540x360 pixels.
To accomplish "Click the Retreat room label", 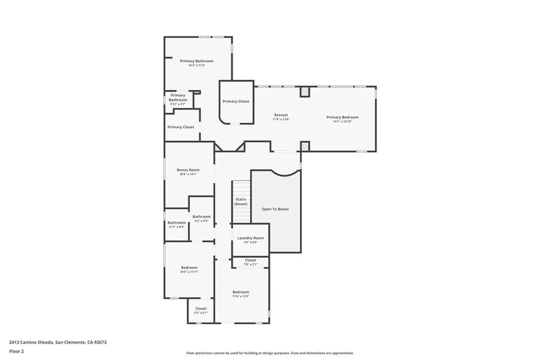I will [x=281, y=115].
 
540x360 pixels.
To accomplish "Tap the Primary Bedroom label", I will [x=342, y=117].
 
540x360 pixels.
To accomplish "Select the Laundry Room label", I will [x=250, y=238].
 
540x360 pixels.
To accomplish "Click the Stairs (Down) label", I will [x=241, y=201].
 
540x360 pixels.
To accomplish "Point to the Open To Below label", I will [x=275, y=209].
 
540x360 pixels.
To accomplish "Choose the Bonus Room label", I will [x=188, y=170].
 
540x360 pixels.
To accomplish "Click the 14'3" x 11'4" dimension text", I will [x=196, y=65].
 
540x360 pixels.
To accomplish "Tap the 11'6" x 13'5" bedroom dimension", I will [x=240, y=296].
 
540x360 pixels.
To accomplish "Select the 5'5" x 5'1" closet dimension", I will [x=201, y=313].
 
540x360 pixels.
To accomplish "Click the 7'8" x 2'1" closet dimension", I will [x=250, y=265].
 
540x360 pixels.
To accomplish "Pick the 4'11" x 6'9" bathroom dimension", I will [x=177, y=227].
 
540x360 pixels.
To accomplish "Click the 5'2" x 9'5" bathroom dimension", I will [x=201, y=221].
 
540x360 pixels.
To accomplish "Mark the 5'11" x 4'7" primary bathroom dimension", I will [x=177, y=104].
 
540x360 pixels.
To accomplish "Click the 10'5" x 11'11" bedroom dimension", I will [x=189, y=272].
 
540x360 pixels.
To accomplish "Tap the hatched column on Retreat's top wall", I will [x=305, y=92].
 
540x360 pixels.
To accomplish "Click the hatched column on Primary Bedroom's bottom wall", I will [x=305, y=146].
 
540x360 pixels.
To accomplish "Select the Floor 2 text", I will [x=16, y=351].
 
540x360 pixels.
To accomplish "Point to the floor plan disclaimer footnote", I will [x=269, y=353].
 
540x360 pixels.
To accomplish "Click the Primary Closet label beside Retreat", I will [x=236, y=101].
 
